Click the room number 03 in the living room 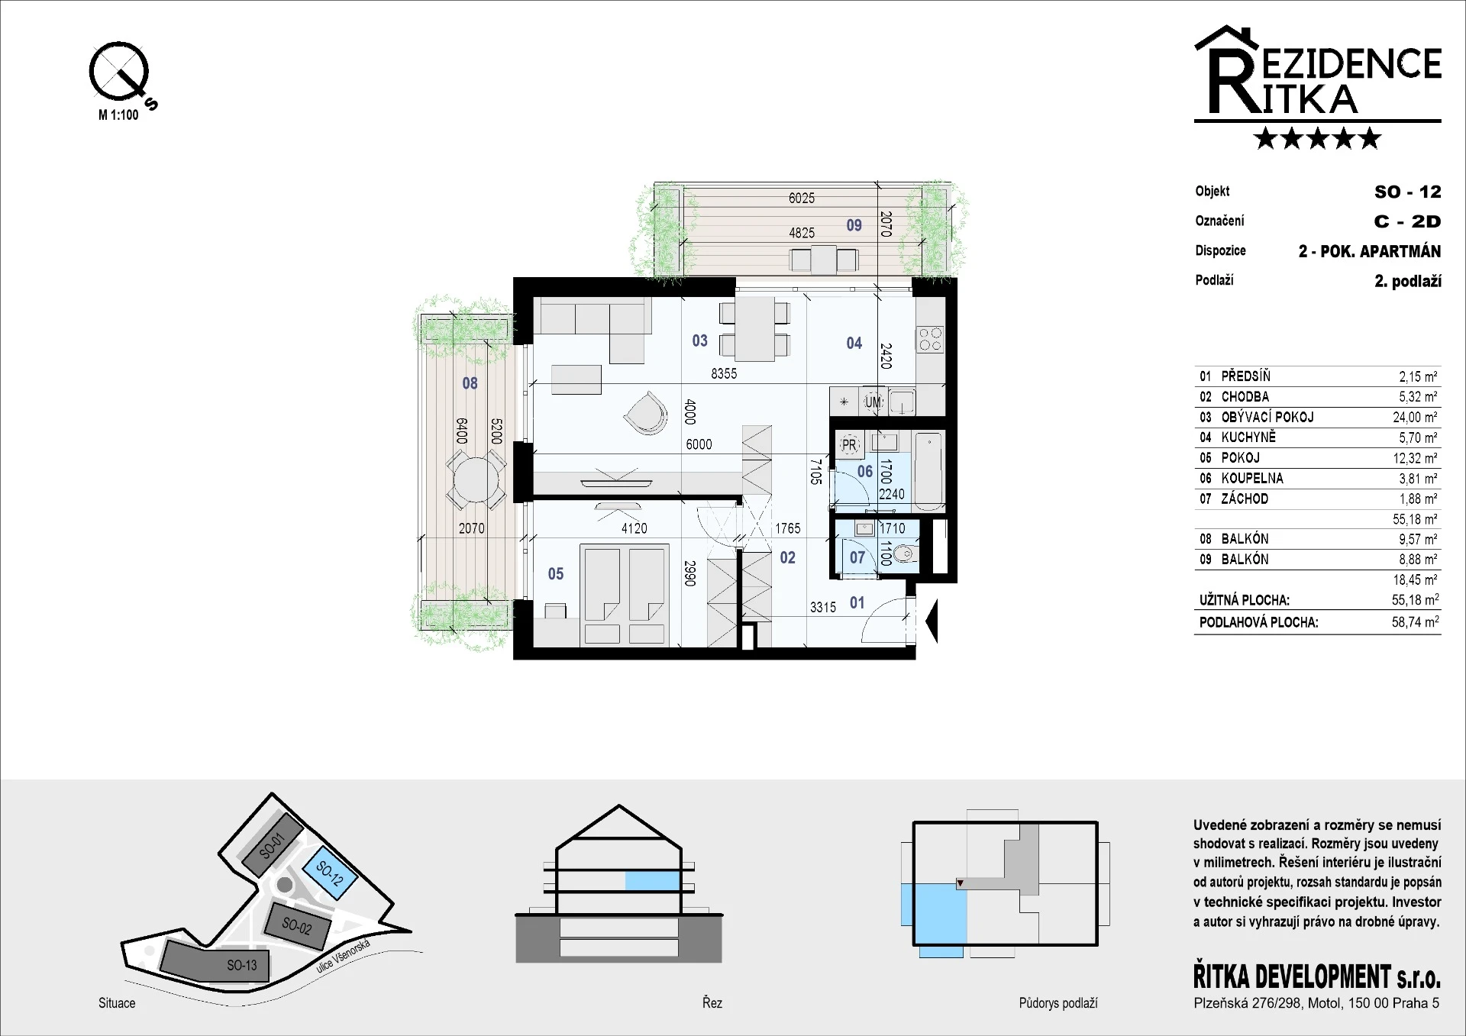(x=699, y=340)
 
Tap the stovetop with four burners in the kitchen (x=930, y=339)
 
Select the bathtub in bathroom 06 (x=929, y=471)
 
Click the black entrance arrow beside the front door (x=931, y=621)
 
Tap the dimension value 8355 (x=724, y=374)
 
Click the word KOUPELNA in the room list (x=1252, y=479)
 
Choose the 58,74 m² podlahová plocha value (x=1415, y=621)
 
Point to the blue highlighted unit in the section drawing (x=652, y=880)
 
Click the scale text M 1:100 (x=118, y=115)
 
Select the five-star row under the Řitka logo (x=1318, y=138)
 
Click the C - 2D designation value (x=1407, y=221)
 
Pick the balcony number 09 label (x=854, y=225)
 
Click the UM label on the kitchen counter (x=873, y=402)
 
